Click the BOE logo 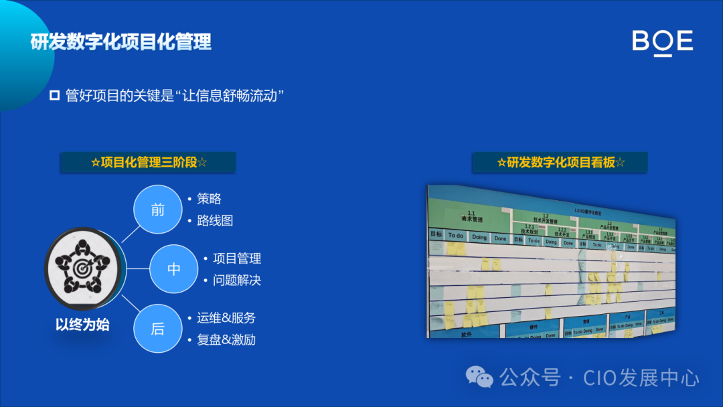click(x=662, y=42)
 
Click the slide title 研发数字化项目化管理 click(x=121, y=42)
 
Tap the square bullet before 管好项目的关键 click(x=55, y=95)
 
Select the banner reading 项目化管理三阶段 click(x=148, y=162)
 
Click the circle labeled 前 click(x=157, y=210)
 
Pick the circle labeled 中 click(x=173, y=269)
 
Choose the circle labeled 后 click(x=157, y=329)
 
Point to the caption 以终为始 click(x=82, y=325)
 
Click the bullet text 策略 click(x=209, y=199)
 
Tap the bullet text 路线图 click(x=215, y=220)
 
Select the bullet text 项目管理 click(x=237, y=258)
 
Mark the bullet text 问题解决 click(x=237, y=280)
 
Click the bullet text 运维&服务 click(x=226, y=318)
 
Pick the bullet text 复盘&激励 click(x=226, y=339)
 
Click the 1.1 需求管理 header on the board click(x=471, y=216)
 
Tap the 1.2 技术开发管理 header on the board click(x=546, y=218)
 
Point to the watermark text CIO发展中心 click(x=641, y=378)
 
